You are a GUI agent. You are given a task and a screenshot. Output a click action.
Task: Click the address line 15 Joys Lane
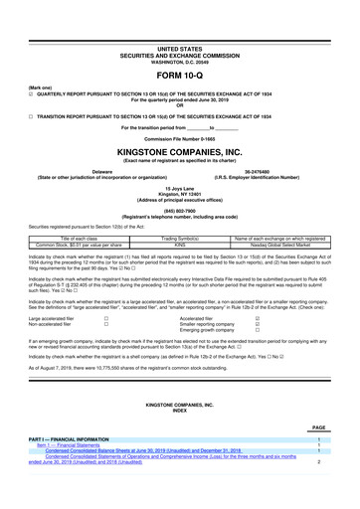pyautogui.click(x=180, y=185)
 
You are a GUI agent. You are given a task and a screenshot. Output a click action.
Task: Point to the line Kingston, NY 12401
pyautogui.click(x=180, y=191)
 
